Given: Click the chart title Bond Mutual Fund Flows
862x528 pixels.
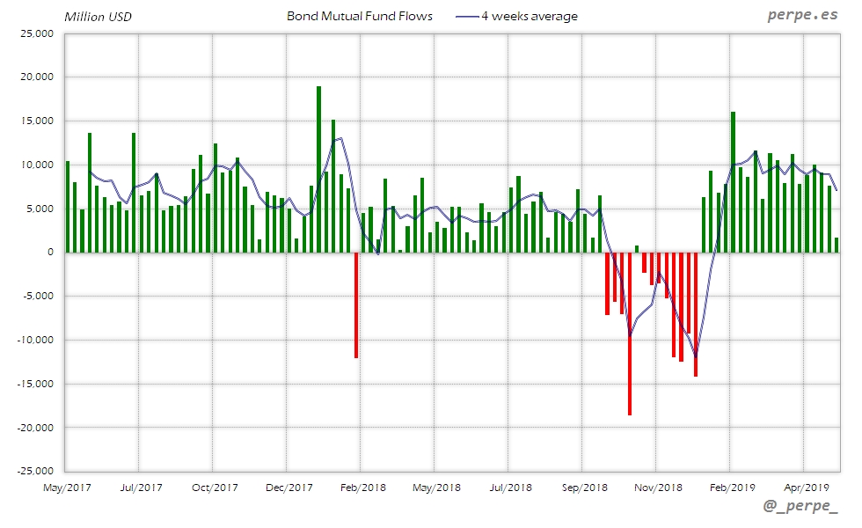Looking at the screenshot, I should pyautogui.click(x=360, y=16).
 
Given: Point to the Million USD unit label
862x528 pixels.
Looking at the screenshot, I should pyautogui.click(x=98, y=17).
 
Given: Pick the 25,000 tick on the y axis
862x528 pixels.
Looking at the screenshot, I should pyautogui.click(x=37, y=33).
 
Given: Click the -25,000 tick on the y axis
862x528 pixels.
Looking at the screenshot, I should pyautogui.click(x=35, y=471).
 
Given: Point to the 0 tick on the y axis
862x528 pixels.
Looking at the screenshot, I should pyautogui.click(x=50, y=253).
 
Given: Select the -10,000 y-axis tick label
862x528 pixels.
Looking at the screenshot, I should pyautogui.click(x=35, y=340).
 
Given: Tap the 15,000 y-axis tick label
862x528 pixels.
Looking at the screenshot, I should pyautogui.click(x=37, y=121).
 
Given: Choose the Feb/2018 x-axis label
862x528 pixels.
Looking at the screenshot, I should pyautogui.click(x=362, y=487).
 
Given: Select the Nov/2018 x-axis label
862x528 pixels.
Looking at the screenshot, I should pyautogui.click(x=658, y=487).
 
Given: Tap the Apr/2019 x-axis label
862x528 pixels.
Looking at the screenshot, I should pyautogui.click(x=806, y=487).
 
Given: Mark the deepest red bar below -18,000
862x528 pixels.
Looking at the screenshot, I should pyautogui.click(x=630, y=334).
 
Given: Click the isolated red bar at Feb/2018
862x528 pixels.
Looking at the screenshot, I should pyautogui.click(x=356, y=304).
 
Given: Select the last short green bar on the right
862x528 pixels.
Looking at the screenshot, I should pyautogui.click(x=836, y=245).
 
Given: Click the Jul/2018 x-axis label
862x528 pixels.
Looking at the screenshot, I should pyautogui.click(x=510, y=487).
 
